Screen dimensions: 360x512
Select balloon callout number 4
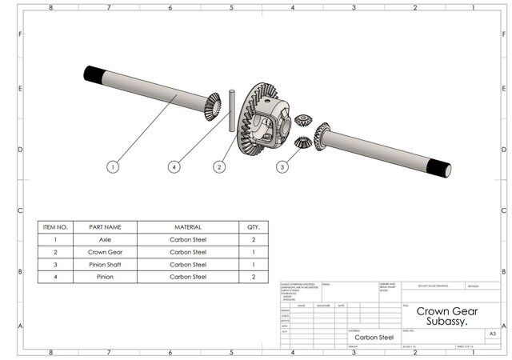pos(174,167)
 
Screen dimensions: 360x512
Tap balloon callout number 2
pos(219,167)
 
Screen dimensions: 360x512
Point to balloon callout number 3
pos(282,167)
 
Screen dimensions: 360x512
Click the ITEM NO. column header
pos(55,227)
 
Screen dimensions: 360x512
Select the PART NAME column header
pos(105,227)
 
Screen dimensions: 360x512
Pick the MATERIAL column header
pos(188,227)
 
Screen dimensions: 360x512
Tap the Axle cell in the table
pos(105,239)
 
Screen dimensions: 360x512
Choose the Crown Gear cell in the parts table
pos(105,252)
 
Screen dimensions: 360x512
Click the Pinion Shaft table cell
pos(105,264)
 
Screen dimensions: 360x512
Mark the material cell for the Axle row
pos(188,239)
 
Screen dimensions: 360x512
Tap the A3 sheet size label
pos(493,331)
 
